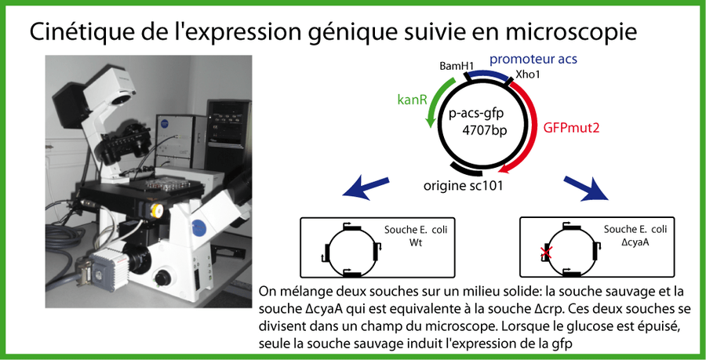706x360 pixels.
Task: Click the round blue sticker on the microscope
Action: coord(199,228)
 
